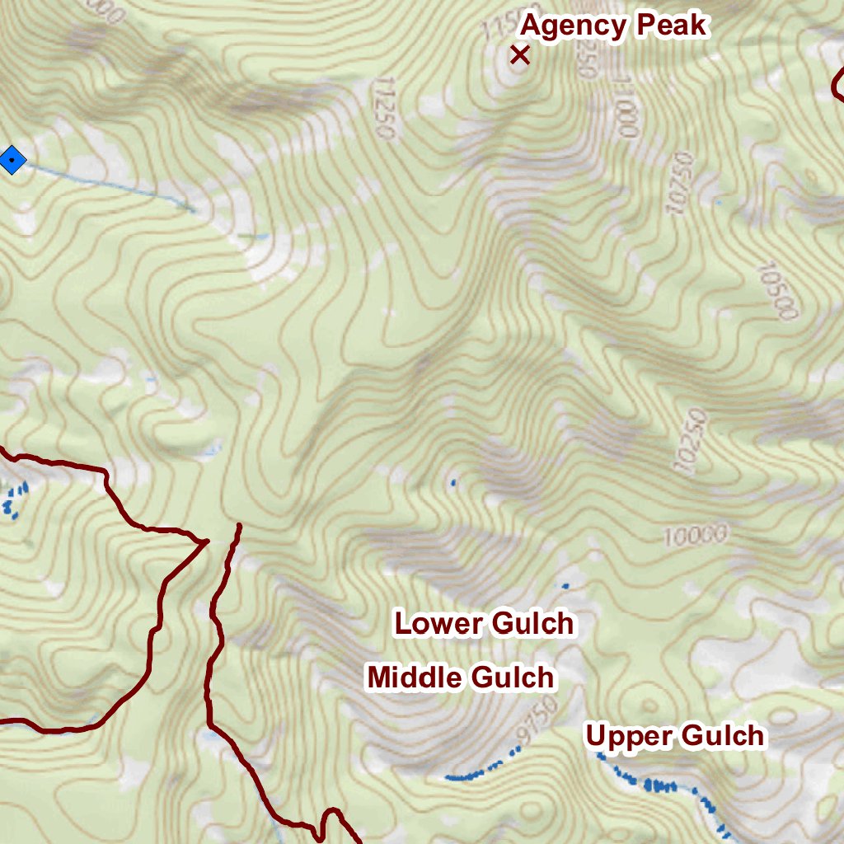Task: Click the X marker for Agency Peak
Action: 519,55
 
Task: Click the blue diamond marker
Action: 12,159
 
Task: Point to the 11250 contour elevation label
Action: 384,108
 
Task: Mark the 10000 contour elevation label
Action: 696,537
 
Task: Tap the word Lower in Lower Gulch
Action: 438,623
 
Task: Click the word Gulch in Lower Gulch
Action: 532,623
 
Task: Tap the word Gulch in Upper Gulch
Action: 722,735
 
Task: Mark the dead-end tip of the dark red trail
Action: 239,525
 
